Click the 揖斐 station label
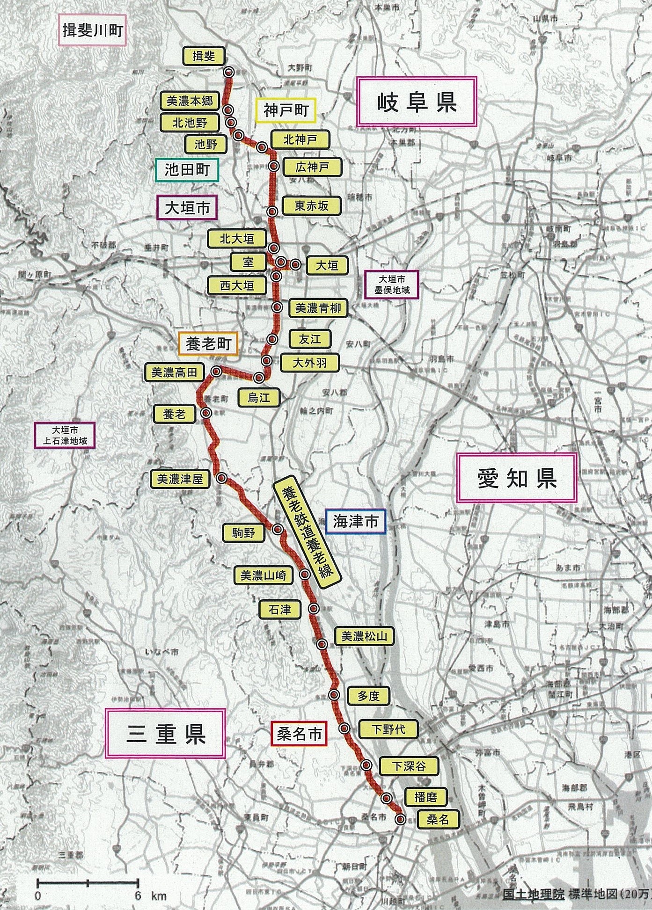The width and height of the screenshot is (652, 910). pyautogui.click(x=204, y=56)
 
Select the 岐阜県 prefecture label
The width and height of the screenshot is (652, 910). pyautogui.click(x=416, y=102)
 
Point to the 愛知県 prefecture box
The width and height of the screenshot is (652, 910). pyautogui.click(x=516, y=478)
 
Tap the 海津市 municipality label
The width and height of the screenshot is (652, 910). pyautogui.click(x=355, y=521)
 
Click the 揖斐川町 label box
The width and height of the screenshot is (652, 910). pyautogui.click(x=92, y=31)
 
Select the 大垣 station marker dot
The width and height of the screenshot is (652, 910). pyautogui.click(x=295, y=264)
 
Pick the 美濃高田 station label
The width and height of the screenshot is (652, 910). pyautogui.click(x=175, y=372)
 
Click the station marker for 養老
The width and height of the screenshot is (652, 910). pyautogui.click(x=205, y=413)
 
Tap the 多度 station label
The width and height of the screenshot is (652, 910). pyautogui.click(x=368, y=696)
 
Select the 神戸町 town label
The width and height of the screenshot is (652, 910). pyautogui.click(x=286, y=110)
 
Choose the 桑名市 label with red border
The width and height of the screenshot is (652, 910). pyautogui.click(x=299, y=735)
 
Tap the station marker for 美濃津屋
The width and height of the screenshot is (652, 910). pyautogui.click(x=221, y=478)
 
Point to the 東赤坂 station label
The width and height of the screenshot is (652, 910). pyautogui.click(x=311, y=206)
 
